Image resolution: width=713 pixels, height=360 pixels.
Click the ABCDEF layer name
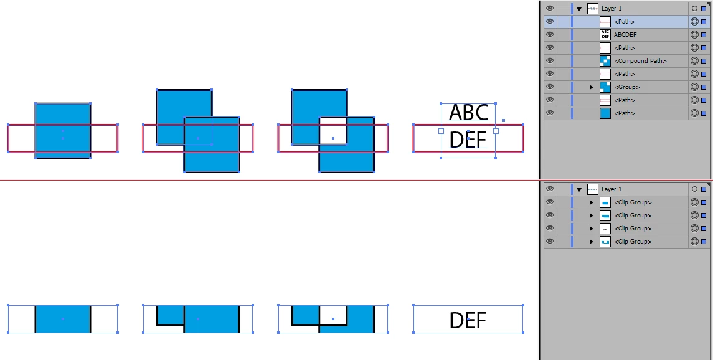point(625,35)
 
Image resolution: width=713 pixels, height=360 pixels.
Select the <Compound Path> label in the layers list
point(640,61)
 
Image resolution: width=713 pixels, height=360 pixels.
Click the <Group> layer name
point(626,87)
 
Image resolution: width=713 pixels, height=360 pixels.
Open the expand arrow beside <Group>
point(591,87)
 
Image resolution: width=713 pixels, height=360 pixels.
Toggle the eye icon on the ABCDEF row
point(549,35)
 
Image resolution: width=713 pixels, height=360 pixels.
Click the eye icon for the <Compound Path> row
point(549,61)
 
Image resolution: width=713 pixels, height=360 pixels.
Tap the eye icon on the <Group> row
point(549,87)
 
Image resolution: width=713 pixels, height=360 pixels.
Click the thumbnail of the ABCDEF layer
point(605,35)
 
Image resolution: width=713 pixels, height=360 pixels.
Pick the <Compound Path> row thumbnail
point(605,61)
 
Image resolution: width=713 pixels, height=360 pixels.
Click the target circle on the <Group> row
point(694,87)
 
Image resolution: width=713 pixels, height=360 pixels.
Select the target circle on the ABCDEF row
point(694,35)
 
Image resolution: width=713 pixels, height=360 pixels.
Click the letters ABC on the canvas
point(468,113)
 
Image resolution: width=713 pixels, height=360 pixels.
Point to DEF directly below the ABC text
point(468,140)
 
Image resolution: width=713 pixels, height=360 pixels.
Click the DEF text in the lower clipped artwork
point(468,321)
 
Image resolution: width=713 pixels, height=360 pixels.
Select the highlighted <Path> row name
point(624,22)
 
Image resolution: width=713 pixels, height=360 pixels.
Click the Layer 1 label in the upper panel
point(611,9)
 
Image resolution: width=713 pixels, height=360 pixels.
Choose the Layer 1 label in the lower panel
point(611,189)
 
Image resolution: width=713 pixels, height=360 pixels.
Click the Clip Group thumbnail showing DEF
point(605,229)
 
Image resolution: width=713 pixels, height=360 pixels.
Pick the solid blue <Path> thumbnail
point(605,113)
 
